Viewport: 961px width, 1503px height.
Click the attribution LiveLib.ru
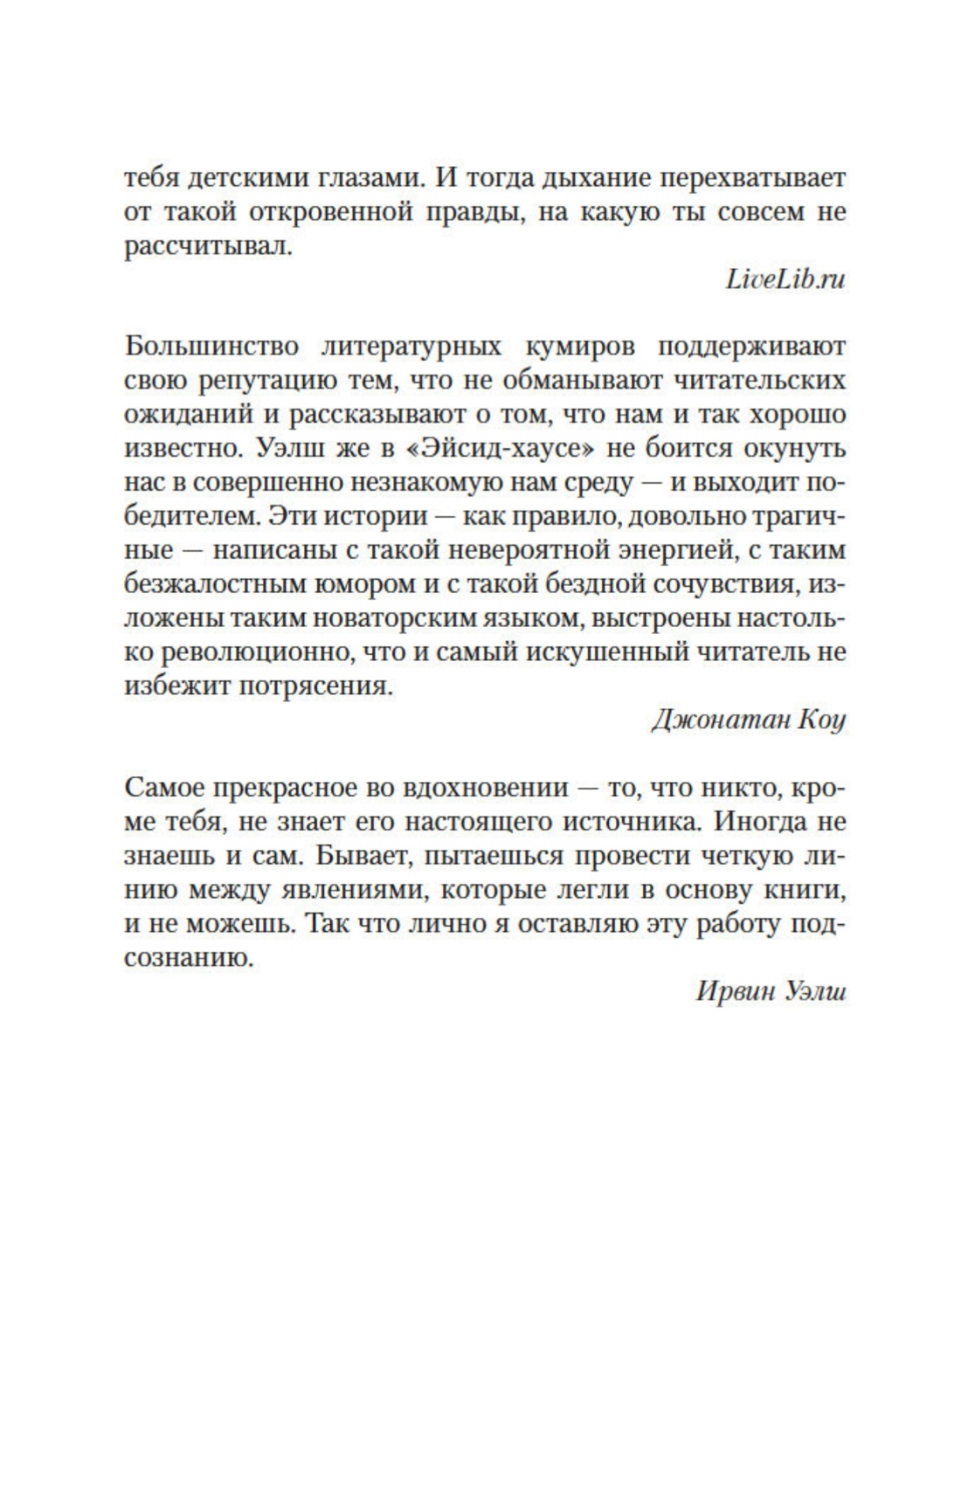(785, 279)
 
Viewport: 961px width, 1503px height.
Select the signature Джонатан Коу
(748, 720)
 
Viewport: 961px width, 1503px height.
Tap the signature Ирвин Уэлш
(771, 992)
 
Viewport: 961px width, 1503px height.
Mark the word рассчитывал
(206, 246)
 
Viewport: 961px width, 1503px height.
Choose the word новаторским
(395, 618)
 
